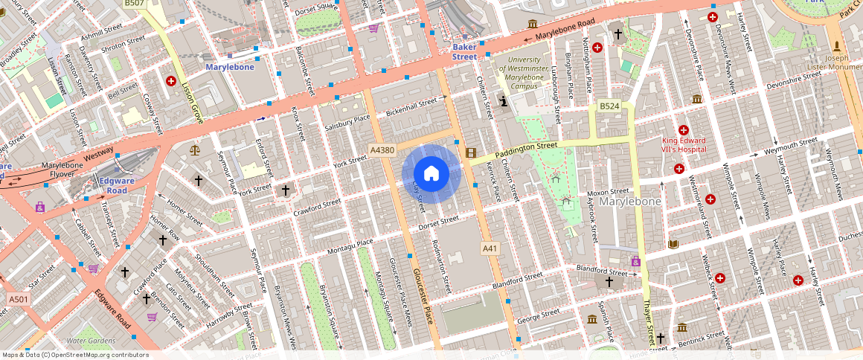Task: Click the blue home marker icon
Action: click(x=431, y=173)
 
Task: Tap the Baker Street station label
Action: click(x=465, y=51)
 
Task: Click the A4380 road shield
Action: click(x=382, y=150)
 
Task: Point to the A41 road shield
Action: click(x=490, y=248)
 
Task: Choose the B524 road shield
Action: click(x=610, y=106)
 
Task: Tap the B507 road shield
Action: click(x=135, y=4)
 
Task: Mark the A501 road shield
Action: click(x=19, y=299)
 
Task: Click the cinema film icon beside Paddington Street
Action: click(x=470, y=152)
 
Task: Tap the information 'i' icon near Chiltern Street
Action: click(x=504, y=101)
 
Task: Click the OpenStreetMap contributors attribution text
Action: click(x=75, y=355)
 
